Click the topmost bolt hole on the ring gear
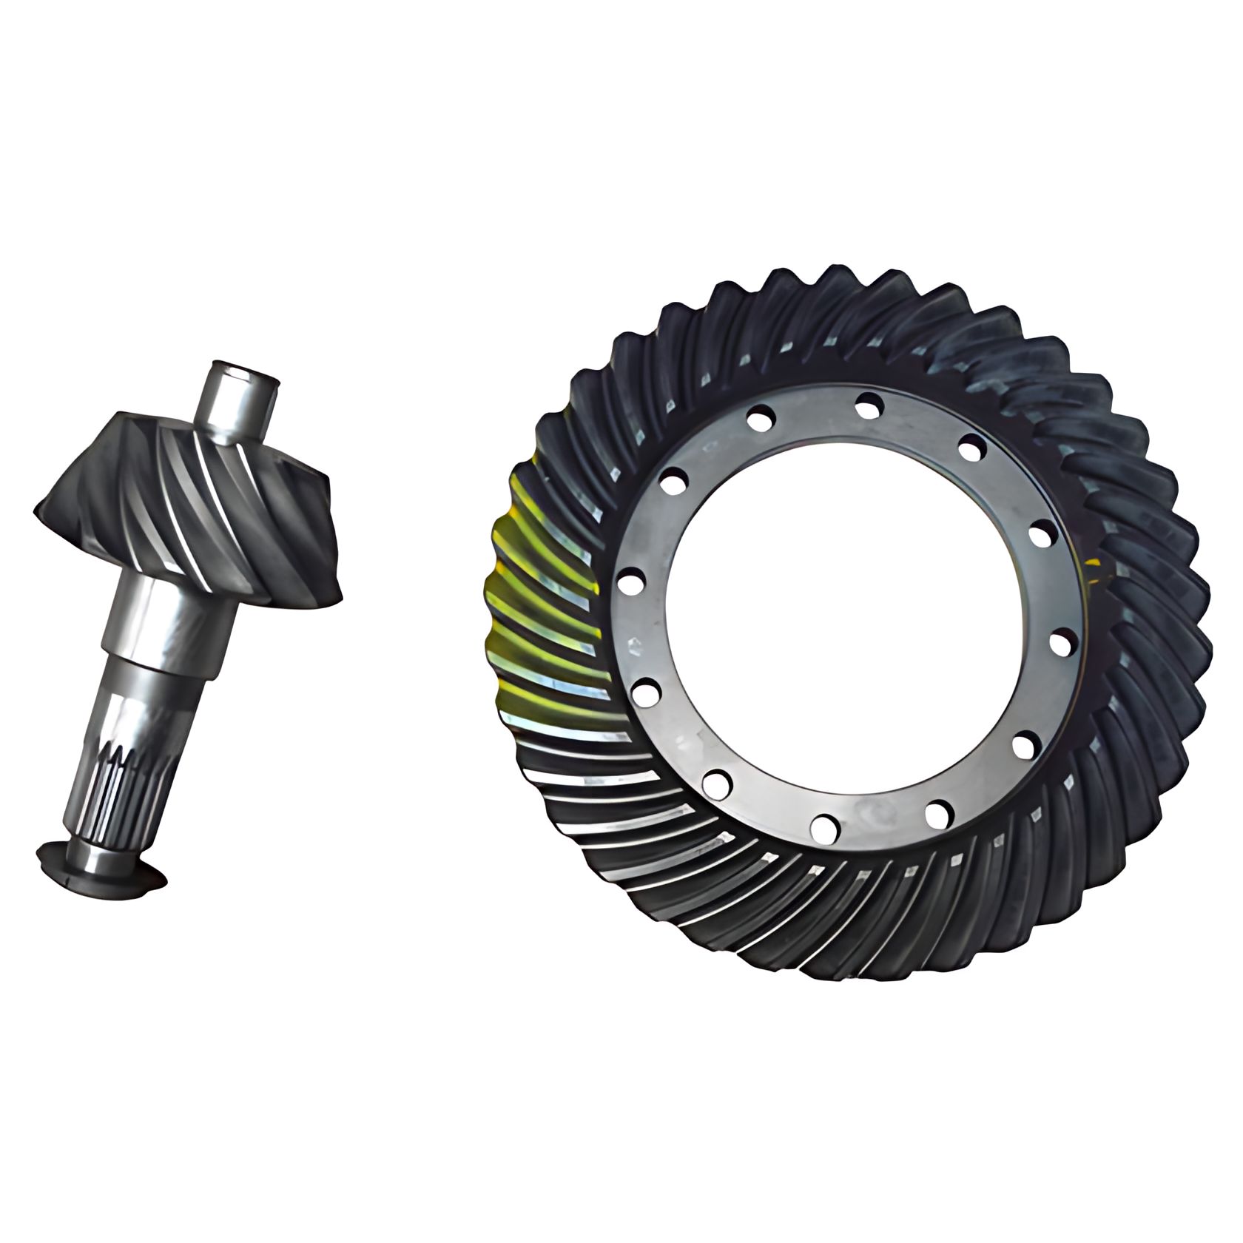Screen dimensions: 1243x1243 click(869, 405)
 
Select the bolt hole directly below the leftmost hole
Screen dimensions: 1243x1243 click(648, 693)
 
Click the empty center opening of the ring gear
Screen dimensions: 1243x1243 click(843, 614)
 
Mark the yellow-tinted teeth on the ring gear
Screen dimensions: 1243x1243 click(540, 592)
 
